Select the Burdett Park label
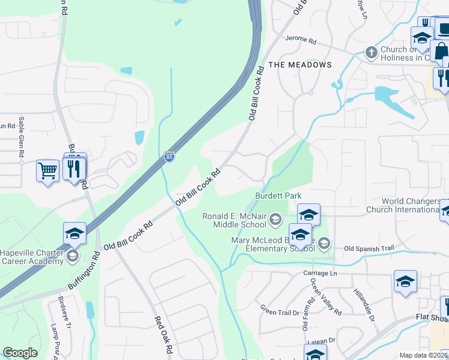(278, 196)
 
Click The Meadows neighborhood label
(300, 64)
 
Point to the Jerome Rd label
(301, 40)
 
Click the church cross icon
(372, 52)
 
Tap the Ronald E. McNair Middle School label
(234, 220)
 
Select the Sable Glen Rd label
(21, 137)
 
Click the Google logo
(20, 353)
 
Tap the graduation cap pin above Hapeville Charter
(74, 233)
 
